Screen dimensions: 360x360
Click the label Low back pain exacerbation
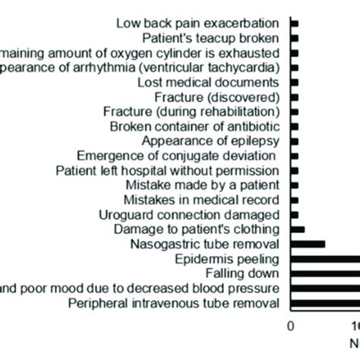pyautogui.click(x=197, y=24)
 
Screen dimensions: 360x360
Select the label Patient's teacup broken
pyautogui.click(x=210, y=38)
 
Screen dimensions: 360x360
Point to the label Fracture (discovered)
pyautogui.click(x=217, y=96)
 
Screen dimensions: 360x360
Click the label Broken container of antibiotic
pyautogui.click(x=195, y=126)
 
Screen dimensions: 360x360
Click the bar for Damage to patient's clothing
pyautogui.click(x=298, y=229)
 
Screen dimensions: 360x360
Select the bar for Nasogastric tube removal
pyautogui.click(x=308, y=244)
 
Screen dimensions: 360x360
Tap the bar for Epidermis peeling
pyautogui.click(x=325, y=258)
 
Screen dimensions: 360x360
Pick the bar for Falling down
pyautogui.click(x=325, y=273)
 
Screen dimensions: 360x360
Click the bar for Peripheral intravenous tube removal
pyautogui.click(x=325, y=302)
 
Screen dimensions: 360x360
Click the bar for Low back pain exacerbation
pyautogui.click(x=295, y=24)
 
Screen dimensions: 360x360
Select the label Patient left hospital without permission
pyautogui.click(x=169, y=170)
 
